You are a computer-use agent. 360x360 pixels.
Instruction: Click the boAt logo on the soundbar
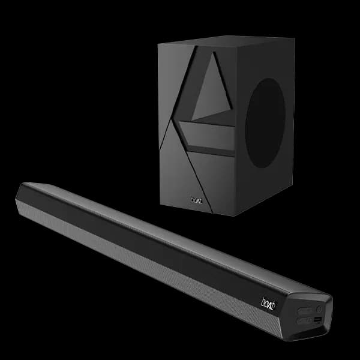click(x=268, y=304)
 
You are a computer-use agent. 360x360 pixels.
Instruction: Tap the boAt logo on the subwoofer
click(x=196, y=200)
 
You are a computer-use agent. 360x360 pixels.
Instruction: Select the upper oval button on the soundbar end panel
click(x=305, y=310)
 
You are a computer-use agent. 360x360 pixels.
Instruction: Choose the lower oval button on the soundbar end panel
click(x=305, y=320)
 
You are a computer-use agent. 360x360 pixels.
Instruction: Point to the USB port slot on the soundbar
click(x=318, y=319)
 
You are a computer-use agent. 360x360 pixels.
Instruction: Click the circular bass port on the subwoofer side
click(x=266, y=122)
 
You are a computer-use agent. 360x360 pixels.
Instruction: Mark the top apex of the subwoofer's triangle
click(x=214, y=52)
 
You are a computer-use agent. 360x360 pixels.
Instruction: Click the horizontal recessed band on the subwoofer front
click(x=207, y=136)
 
